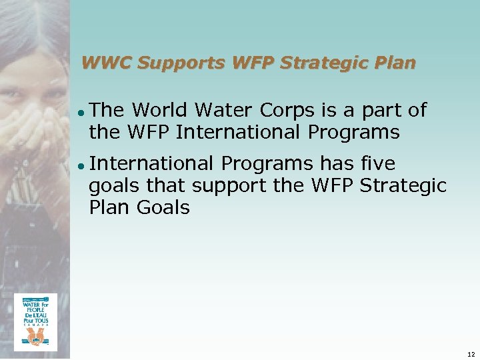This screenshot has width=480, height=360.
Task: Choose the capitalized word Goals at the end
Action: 163,208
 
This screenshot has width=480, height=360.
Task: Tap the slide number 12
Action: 471,353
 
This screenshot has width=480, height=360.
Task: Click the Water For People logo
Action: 35,322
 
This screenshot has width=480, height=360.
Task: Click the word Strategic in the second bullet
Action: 403,186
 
